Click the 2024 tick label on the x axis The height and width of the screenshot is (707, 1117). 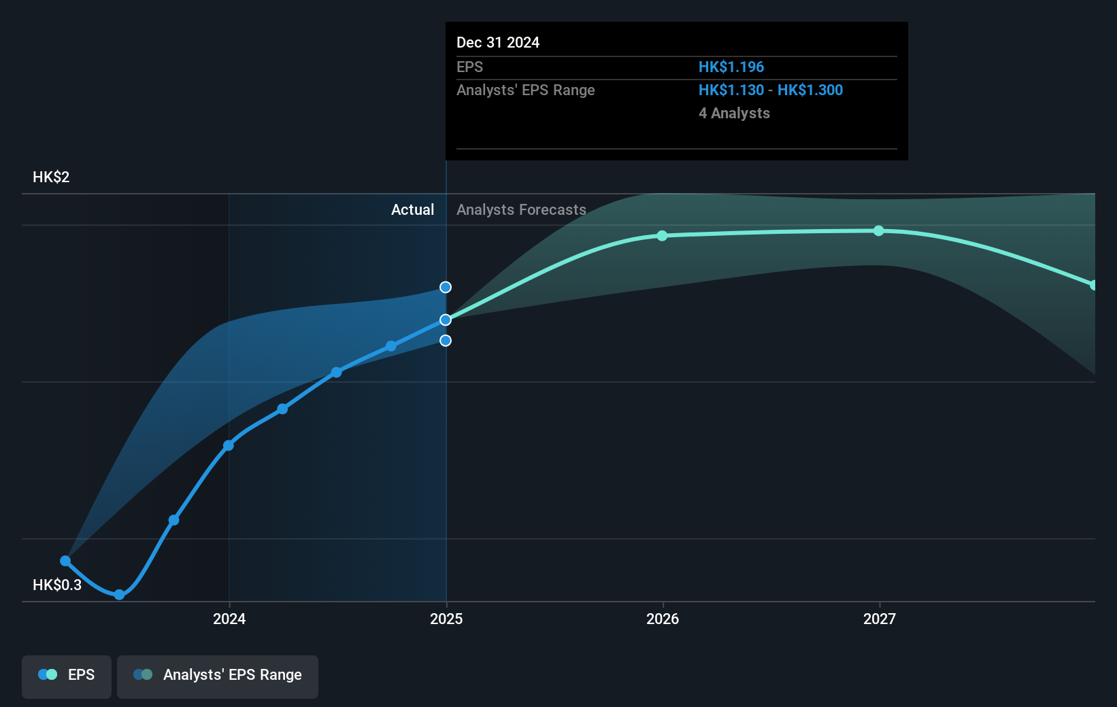229,619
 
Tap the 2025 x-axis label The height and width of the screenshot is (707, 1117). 446,619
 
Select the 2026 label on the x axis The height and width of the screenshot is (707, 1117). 663,619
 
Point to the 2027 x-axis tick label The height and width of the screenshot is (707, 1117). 880,619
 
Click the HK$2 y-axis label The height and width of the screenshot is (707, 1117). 51,177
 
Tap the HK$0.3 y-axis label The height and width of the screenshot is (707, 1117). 57,585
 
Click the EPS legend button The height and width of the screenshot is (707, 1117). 67,675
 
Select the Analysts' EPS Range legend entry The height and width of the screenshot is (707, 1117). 218,675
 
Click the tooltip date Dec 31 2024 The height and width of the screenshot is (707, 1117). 498,43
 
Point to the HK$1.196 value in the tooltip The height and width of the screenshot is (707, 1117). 731,67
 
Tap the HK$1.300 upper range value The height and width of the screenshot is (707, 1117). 810,90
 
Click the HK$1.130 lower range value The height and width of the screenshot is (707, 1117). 731,90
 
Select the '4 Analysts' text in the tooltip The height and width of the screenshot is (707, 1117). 734,114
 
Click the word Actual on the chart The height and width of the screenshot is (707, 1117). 412,210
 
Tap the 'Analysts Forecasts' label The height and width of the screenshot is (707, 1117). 521,210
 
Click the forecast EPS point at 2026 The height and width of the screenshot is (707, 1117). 663,236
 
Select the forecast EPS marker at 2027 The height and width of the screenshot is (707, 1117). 879,231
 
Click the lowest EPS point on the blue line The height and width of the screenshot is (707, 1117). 120,595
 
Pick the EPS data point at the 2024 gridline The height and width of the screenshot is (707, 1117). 229,446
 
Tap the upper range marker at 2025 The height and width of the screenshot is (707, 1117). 446,288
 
